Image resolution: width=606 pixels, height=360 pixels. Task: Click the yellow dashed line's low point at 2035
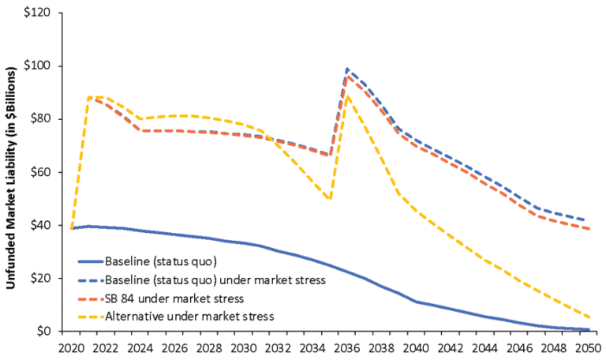click(x=330, y=199)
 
